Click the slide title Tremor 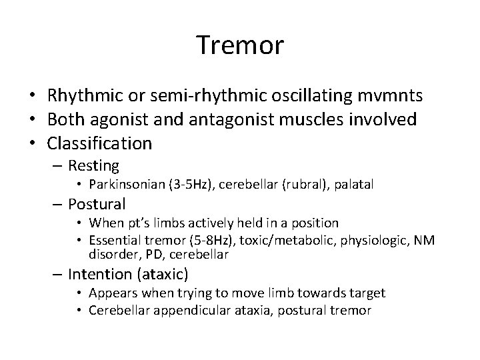[x=240, y=45]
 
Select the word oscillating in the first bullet [x=319, y=96]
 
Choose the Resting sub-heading [x=93, y=165]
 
